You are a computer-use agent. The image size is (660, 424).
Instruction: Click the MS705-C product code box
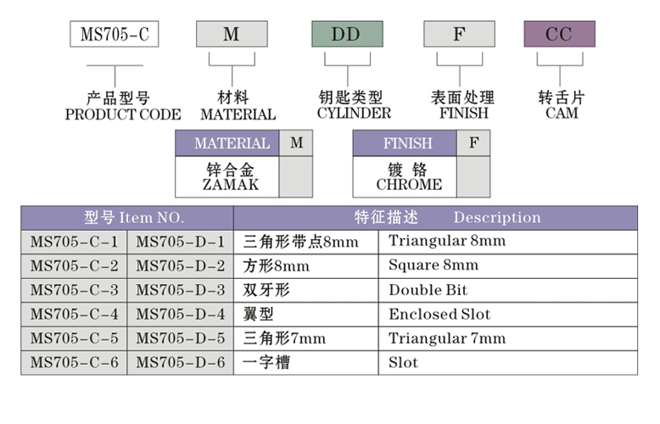(114, 35)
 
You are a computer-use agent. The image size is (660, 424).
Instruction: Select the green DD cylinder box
(345, 35)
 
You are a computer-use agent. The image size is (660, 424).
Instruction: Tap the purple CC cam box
(559, 35)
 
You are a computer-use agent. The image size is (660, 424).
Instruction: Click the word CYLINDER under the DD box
(354, 113)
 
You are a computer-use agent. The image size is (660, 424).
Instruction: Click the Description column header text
(496, 218)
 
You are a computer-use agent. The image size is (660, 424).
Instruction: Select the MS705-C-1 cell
(74, 242)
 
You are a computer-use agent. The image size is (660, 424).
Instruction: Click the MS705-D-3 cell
(180, 290)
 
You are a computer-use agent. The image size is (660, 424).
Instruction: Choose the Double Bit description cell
(428, 290)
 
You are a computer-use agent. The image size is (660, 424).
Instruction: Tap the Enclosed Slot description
(439, 315)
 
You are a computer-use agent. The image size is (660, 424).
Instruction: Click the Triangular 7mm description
(446, 339)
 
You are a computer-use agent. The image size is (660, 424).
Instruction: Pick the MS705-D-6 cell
(180, 363)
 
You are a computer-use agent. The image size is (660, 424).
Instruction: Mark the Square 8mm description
(433, 265)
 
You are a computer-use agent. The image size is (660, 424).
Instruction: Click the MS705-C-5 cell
(74, 339)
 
